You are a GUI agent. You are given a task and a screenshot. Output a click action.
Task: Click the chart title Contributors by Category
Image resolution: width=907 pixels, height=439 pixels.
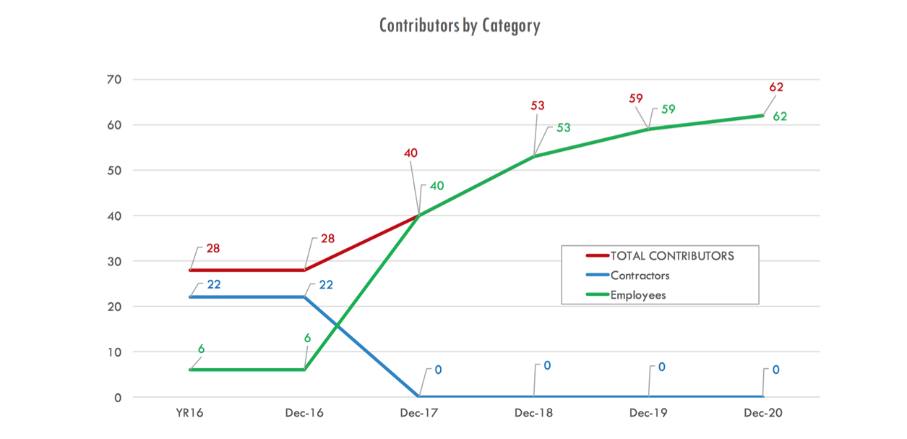[460, 26]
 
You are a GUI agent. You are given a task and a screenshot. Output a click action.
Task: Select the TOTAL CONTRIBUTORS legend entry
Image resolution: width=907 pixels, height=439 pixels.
[671, 256]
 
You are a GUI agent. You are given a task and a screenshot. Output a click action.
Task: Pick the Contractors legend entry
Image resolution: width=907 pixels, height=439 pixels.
[640, 276]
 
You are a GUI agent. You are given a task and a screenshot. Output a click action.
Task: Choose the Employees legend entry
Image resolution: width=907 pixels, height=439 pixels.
[637, 295]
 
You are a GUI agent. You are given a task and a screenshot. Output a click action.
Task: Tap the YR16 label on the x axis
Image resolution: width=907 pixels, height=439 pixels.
[190, 414]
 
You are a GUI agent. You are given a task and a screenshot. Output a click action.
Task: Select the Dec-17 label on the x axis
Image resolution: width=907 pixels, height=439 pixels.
[419, 414]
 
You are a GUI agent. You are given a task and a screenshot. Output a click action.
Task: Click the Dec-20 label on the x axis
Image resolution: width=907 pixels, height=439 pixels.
[763, 414]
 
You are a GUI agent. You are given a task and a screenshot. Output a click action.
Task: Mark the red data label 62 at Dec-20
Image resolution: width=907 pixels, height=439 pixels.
[776, 88]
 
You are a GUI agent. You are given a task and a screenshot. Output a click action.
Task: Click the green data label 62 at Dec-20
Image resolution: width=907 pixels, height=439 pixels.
[780, 116]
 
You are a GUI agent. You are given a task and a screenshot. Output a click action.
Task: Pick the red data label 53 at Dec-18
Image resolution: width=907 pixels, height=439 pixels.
[537, 106]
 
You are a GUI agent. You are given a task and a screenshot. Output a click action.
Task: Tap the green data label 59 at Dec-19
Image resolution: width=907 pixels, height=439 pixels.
[669, 110]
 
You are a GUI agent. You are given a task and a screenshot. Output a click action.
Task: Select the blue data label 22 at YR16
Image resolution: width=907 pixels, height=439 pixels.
[214, 284]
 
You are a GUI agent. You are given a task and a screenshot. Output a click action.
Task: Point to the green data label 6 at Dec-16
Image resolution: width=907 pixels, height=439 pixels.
[307, 337]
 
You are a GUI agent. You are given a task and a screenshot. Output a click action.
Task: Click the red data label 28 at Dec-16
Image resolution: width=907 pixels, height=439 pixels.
[327, 239]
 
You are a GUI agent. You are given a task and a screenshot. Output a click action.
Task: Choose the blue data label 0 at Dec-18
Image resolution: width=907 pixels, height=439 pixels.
[547, 366]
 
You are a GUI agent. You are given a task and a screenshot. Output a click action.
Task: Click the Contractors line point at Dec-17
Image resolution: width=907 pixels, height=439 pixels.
[419, 396]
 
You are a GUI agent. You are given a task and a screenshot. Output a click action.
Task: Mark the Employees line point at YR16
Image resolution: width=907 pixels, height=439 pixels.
[191, 370]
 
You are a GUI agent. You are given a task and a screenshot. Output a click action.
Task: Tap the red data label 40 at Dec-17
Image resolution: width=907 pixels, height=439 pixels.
[410, 153]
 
